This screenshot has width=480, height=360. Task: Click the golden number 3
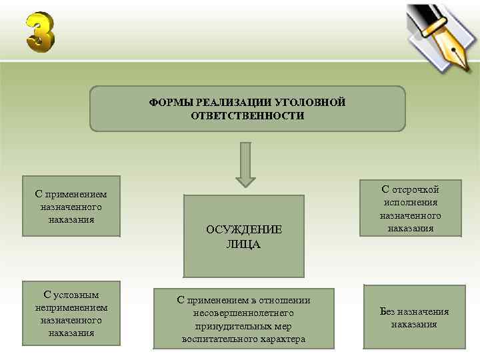(x=40, y=32)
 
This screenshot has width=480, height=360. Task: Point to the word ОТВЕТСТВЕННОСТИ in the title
(x=247, y=115)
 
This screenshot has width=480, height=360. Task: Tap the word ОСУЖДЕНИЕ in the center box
(x=244, y=229)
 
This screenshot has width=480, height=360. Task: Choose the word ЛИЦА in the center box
(x=244, y=244)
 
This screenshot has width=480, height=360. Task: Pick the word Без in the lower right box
(x=389, y=311)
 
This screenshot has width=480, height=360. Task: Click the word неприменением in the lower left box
(x=71, y=307)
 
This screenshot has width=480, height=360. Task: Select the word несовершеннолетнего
(x=243, y=313)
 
